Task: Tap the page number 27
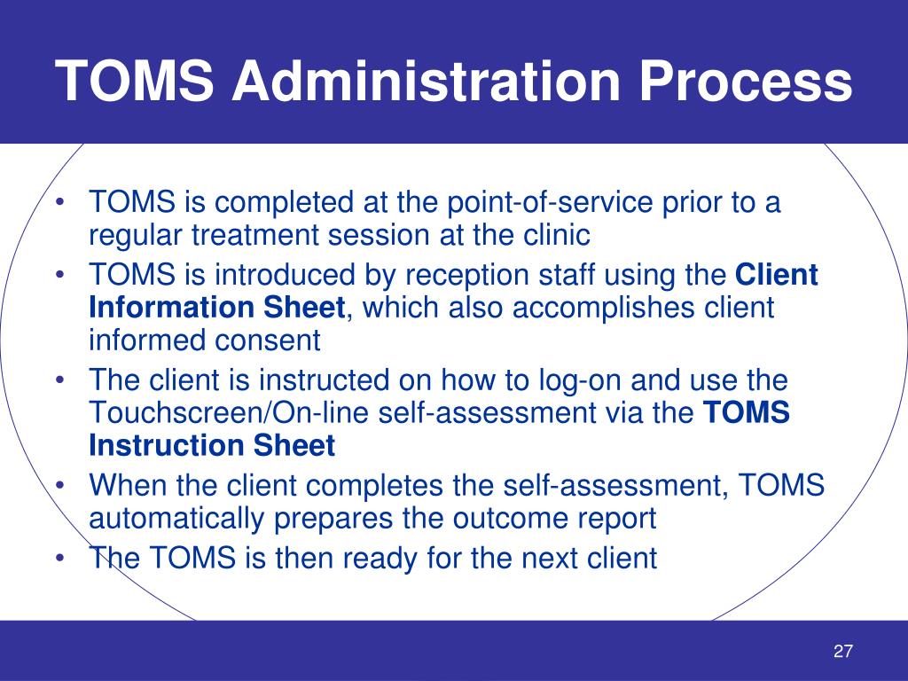[842, 652]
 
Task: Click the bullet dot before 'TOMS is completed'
[59, 204]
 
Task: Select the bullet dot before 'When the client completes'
[59, 486]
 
